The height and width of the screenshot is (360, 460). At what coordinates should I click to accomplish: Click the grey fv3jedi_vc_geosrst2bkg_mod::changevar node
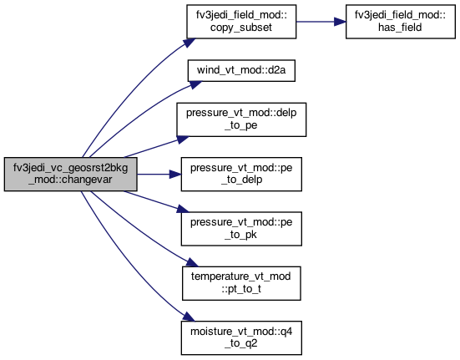pos(70,175)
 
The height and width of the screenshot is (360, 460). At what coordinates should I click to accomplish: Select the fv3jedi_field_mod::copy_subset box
pos(241,22)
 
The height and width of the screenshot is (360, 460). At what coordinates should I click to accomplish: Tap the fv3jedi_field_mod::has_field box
pos(401,22)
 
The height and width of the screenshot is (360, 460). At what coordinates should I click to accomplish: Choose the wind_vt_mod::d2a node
pos(241,71)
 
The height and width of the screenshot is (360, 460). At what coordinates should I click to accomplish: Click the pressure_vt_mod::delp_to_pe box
pos(241,119)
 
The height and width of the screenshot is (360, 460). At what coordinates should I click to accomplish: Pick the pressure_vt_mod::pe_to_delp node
pos(241,175)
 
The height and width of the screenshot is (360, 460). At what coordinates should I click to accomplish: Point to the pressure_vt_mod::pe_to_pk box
pos(241,229)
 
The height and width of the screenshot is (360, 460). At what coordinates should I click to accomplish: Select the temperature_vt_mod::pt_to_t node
pos(241,283)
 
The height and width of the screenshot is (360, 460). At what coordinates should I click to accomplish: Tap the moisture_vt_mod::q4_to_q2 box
pos(241,338)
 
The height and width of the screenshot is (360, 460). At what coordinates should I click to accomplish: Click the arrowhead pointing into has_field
pos(341,22)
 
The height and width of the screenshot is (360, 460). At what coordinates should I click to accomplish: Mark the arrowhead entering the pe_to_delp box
pos(175,175)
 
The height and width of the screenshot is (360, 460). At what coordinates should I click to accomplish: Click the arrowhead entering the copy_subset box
pos(190,43)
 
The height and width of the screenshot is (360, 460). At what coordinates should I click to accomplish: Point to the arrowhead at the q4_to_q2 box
pos(189,317)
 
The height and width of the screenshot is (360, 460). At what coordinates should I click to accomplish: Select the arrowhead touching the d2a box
pos(195,84)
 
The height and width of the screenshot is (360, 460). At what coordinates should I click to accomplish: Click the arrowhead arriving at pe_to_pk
pos(183,209)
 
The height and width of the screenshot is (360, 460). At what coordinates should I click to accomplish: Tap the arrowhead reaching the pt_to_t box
pos(193,262)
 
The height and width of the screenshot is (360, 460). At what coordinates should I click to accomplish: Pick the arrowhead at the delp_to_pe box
pos(183,139)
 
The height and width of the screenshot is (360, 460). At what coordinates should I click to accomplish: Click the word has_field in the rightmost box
pos(400,28)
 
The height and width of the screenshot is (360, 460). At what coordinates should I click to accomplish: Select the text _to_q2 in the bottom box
pos(241,343)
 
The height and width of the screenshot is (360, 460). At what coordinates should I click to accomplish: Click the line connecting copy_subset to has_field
pos(316,22)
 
